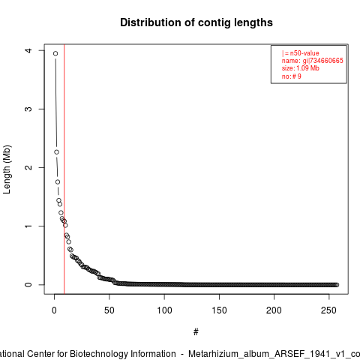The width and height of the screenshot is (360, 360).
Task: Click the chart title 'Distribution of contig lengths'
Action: click(x=196, y=22)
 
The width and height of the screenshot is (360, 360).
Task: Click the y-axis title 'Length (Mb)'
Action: click(x=7, y=169)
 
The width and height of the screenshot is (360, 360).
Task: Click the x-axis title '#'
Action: click(x=196, y=332)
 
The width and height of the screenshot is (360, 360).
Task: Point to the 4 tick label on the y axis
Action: click(x=28, y=50)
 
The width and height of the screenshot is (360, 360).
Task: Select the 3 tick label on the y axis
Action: click(x=28, y=109)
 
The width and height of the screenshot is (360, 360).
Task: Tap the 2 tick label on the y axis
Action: click(x=28, y=167)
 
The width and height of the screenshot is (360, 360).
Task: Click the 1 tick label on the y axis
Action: click(x=28, y=226)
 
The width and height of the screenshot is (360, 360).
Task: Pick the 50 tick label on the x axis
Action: click(x=109, y=310)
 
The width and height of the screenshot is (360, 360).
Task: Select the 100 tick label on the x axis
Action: click(x=164, y=310)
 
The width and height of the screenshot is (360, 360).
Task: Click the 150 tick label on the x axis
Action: click(x=219, y=310)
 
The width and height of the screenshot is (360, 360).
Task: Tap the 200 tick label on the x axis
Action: click(x=274, y=310)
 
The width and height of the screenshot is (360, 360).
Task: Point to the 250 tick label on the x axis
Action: click(x=329, y=310)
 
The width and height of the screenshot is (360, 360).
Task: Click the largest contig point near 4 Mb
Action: click(x=55, y=53)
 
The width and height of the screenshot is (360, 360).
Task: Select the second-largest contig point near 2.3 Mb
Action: click(x=56, y=152)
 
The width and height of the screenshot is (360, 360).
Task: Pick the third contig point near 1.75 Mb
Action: click(x=58, y=182)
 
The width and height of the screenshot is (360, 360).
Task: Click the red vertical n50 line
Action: click(x=64, y=169)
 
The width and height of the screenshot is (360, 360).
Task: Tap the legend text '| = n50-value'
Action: click(x=301, y=53)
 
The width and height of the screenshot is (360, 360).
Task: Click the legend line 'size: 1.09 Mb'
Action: click(x=301, y=68)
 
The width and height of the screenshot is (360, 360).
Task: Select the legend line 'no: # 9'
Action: click(x=292, y=76)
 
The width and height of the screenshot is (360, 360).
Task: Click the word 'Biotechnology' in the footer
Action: click(x=123, y=354)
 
